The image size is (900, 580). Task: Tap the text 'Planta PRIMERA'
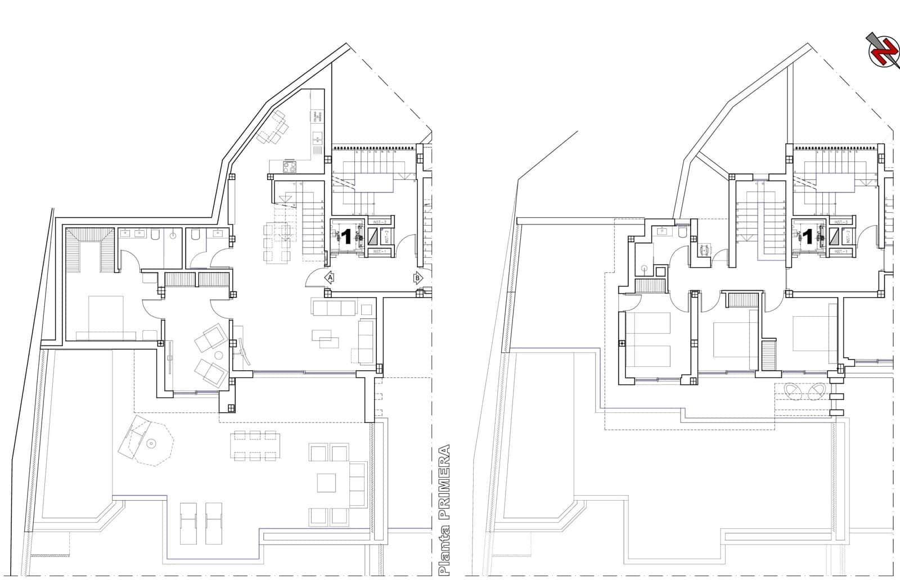[445, 509]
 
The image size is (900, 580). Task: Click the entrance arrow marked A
[330, 277]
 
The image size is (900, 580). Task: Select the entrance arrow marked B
[418, 277]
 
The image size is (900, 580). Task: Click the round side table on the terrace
[150, 444]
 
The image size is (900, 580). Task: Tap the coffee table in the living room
[326, 337]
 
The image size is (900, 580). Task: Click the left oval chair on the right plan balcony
[794, 390]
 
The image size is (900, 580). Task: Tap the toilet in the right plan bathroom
[682, 233]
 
